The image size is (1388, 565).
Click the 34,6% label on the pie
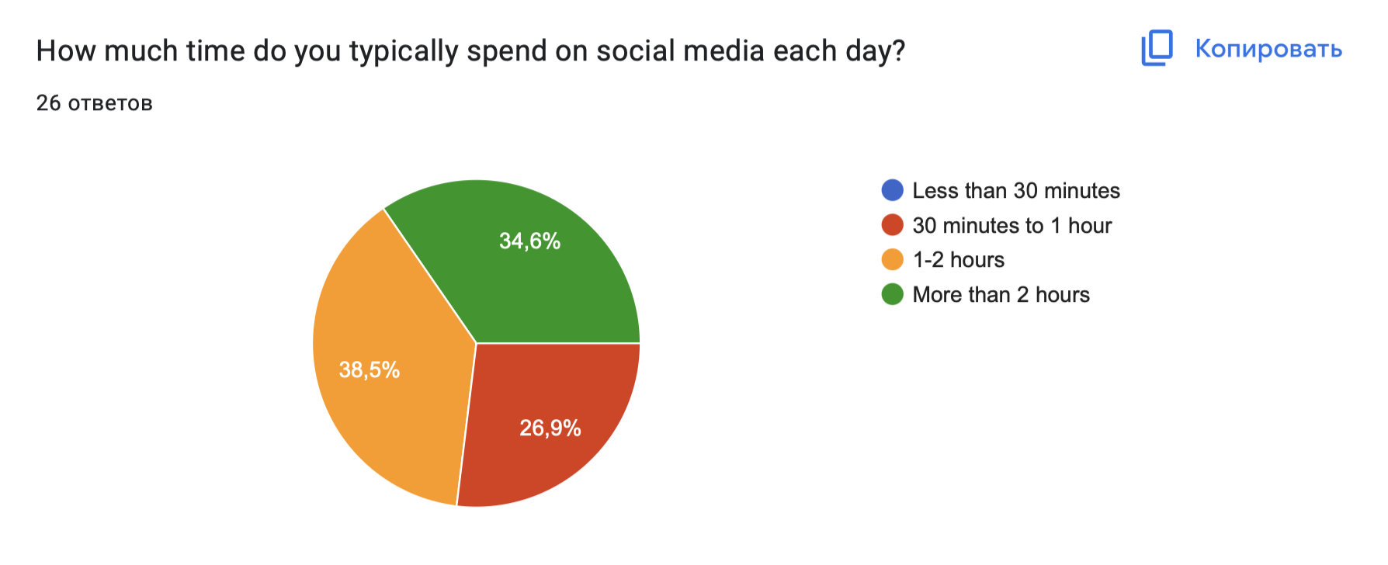(529, 241)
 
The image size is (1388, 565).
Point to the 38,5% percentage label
(370, 369)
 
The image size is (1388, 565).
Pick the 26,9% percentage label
(550, 428)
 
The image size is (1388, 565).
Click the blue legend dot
(893, 190)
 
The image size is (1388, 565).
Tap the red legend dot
(893, 225)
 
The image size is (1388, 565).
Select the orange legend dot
(893, 259)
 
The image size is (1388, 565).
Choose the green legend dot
(893, 294)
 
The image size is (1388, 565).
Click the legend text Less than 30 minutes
(1016, 190)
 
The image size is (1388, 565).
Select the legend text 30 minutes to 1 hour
(1012, 225)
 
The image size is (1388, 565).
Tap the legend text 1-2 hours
(959, 259)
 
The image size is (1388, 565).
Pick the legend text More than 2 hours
(1001, 294)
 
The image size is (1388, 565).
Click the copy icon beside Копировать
(1157, 48)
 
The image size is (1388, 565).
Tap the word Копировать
(1268, 48)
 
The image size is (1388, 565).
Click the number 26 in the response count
(48, 102)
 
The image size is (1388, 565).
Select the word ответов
(110, 103)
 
